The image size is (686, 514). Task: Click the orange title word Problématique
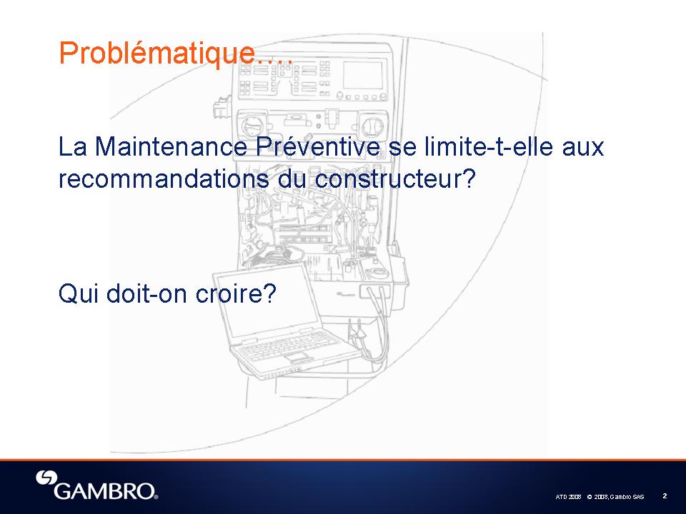point(156,54)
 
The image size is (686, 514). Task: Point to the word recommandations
point(164,178)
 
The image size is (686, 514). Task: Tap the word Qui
point(79,293)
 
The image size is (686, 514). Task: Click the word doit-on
point(147,293)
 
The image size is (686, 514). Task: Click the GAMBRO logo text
point(105,491)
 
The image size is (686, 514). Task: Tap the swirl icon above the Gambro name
point(46,478)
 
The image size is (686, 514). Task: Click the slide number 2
point(665,495)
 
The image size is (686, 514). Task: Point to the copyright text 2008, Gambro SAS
point(615,497)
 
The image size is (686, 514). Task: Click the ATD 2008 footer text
point(568,497)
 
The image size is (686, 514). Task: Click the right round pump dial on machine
point(372,127)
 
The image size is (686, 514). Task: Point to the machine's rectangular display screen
point(363,75)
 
